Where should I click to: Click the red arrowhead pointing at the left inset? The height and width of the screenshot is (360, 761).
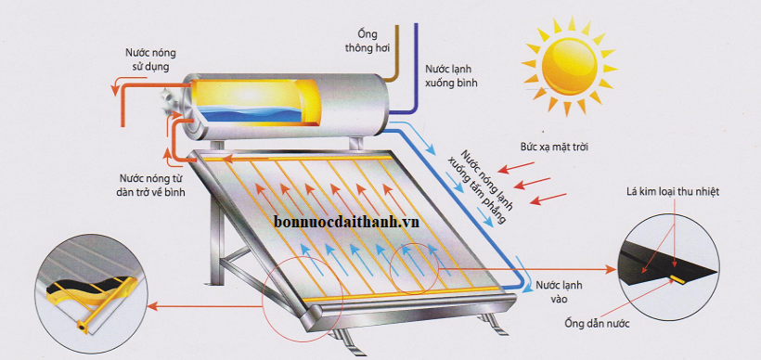[x=153, y=304]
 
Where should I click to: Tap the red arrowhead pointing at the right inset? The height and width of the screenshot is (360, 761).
[x=612, y=269]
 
